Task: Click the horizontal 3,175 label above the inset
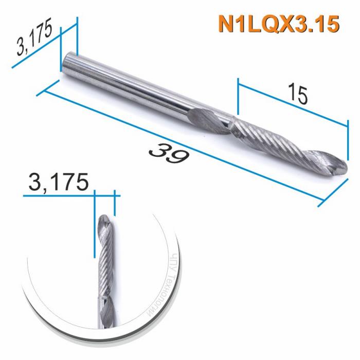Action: pos(59,182)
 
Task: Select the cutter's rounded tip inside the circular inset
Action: pos(103,220)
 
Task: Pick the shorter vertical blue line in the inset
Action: pos(114,203)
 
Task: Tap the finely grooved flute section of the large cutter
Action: pos(267,139)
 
